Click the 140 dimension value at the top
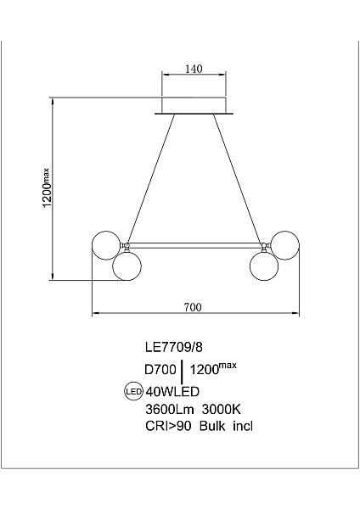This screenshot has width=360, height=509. click(194, 69)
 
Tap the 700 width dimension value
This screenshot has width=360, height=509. click(193, 307)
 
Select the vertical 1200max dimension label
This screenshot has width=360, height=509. click(47, 188)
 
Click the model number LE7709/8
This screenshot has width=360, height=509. click(174, 347)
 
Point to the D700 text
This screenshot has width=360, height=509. click(160, 369)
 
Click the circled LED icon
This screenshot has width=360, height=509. click(134, 391)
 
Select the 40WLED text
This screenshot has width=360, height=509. click(172, 392)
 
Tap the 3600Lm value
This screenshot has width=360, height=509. click(170, 410)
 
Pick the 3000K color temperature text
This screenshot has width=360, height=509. click(222, 410)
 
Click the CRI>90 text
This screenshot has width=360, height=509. click(168, 426)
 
